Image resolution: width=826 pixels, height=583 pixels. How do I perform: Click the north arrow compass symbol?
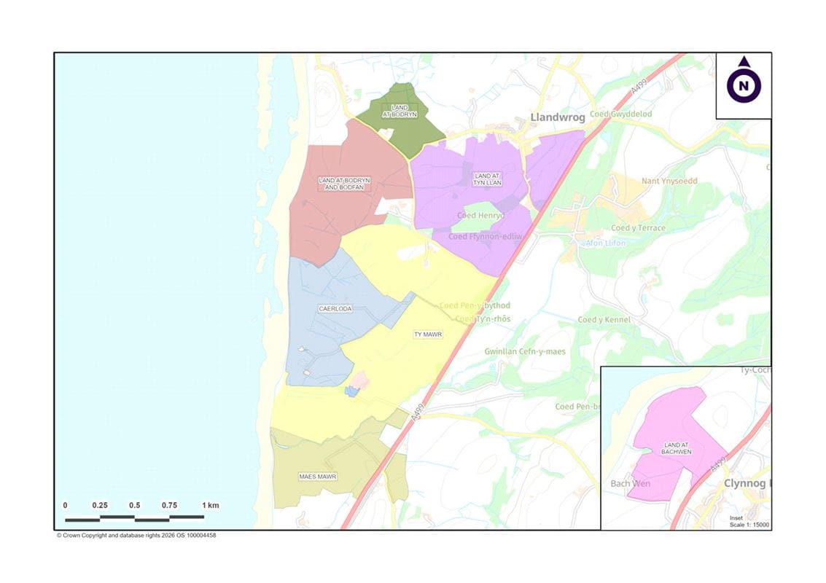coord(744,85)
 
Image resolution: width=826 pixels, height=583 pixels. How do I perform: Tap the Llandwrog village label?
coord(558,117)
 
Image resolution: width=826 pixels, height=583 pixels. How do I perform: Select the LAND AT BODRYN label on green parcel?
coord(399,111)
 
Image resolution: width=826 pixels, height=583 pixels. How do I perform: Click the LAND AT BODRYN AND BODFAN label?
coord(344,183)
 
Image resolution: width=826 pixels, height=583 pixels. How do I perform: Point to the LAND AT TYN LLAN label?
coord(488,179)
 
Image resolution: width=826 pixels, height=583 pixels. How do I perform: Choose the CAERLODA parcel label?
coord(335,308)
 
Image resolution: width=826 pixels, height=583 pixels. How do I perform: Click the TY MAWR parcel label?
coord(428,334)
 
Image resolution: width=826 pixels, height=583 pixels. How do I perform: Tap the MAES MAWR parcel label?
coord(318,477)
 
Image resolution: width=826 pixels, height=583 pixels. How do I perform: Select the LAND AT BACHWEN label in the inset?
coord(677,448)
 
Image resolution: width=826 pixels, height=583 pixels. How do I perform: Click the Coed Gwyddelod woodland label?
coord(620,114)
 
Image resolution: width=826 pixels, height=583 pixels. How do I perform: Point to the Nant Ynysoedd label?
coord(669,181)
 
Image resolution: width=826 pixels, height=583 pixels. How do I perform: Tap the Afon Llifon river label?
coord(606,243)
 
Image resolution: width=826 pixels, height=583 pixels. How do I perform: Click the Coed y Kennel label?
coord(604,320)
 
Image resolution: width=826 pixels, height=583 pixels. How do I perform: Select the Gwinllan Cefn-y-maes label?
coord(525,351)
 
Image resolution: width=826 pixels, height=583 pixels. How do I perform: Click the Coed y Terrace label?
coord(638,228)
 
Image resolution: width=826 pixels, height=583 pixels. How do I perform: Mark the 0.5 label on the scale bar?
coord(135,505)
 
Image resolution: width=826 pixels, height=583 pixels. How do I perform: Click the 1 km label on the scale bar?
coord(210,505)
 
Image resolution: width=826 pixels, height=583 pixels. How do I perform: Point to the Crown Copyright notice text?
coord(136,535)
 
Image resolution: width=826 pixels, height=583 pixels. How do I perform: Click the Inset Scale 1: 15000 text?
coord(749,522)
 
